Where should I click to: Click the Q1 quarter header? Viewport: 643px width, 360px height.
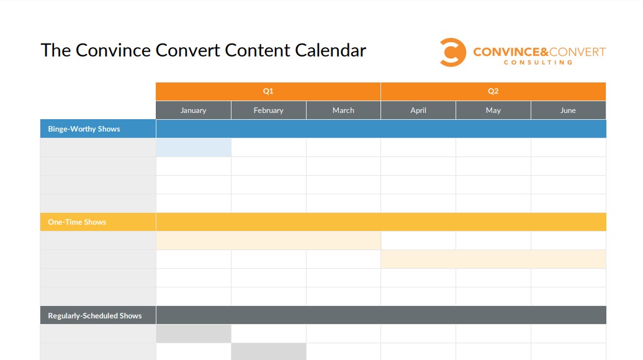point(268,91)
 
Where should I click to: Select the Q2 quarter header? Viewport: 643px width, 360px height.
point(493,91)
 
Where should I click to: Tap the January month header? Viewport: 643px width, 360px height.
point(193,110)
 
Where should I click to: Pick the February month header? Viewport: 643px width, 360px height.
point(268,110)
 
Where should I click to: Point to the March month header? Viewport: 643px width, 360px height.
point(343,110)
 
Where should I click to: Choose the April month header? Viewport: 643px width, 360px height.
point(418,110)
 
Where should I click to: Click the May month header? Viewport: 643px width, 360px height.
point(493,110)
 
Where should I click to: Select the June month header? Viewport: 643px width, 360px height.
point(568,110)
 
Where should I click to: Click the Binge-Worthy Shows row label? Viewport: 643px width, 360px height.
point(84,129)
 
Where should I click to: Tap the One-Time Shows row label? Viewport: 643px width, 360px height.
point(77,222)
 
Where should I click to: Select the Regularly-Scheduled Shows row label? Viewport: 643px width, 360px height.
point(95,316)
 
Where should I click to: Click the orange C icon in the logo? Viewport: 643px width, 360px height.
point(452,52)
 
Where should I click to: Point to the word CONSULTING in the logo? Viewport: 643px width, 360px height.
point(538,63)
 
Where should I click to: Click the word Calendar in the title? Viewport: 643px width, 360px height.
point(330,50)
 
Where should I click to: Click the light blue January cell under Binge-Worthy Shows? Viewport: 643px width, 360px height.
point(193,148)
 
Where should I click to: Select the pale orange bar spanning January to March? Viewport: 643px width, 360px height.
point(268,241)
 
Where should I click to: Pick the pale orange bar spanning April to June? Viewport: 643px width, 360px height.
point(493,259)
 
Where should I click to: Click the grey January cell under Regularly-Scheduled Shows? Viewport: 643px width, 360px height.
point(193,334)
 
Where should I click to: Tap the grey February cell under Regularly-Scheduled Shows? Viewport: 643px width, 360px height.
point(268,352)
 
